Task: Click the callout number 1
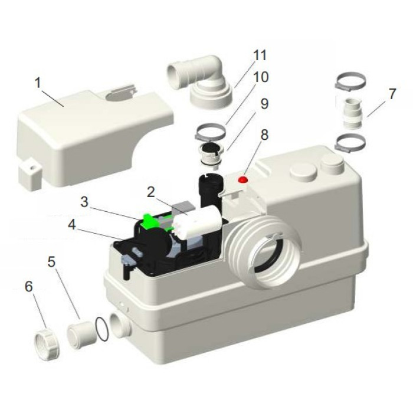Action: pyautogui.click(x=38, y=83)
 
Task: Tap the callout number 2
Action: pyautogui.click(x=150, y=192)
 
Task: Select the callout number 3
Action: pyautogui.click(x=84, y=202)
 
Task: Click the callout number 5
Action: pyautogui.click(x=52, y=262)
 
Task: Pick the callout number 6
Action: pyautogui.click(x=29, y=286)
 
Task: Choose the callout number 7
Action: pyautogui.click(x=392, y=94)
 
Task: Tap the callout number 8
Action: pyautogui.click(x=264, y=135)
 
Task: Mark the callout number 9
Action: pyautogui.click(x=264, y=104)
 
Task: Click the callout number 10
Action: pyautogui.click(x=261, y=77)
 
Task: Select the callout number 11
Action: pyautogui.click(x=260, y=55)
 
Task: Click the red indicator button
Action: pyautogui.click(x=243, y=179)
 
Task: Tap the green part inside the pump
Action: pyautogui.click(x=149, y=220)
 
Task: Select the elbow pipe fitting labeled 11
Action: pyautogui.click(x=203, y=83)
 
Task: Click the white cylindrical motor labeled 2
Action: pyautogui.click(x=197, y=221)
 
